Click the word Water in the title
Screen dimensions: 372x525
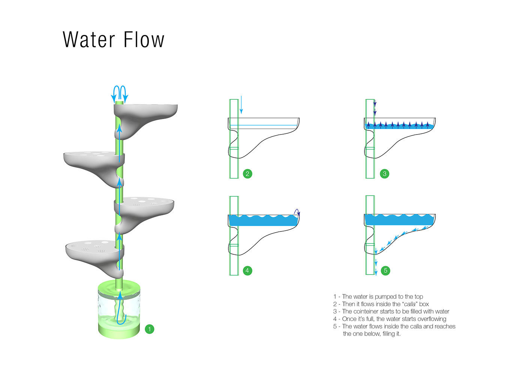(89, 40)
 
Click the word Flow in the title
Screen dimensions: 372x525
(144, 40)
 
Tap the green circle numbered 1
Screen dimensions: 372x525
(149, 329)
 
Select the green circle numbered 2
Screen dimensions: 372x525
(247, 174)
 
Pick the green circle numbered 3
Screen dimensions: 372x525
(384, 174)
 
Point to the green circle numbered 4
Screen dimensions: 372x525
(247, 270)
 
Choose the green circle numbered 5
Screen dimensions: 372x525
(385, 270)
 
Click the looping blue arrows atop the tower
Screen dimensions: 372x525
(119, 93)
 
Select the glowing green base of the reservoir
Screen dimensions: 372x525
(119, 331)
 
